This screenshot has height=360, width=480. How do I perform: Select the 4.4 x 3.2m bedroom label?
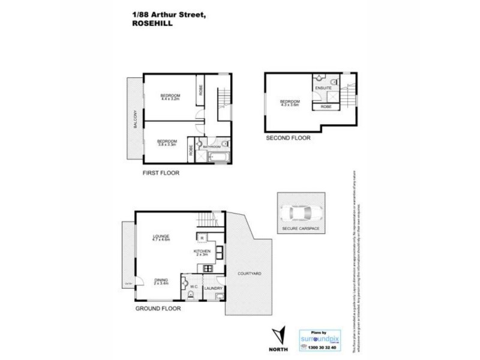(170, 97)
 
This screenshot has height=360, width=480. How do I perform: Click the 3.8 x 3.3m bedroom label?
(167, 143)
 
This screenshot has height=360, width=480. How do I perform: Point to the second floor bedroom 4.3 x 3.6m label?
(290, 103)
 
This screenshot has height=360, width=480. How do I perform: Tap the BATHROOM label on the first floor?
(212, 146)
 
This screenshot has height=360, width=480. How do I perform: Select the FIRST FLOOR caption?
(161, 173)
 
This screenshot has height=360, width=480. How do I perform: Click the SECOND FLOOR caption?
(288, 137)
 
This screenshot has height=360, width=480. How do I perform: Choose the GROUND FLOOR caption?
(157, 308)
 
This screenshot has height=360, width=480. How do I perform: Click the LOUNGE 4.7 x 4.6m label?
(161, 238)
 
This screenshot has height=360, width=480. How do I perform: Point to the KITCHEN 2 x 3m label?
(202, 253)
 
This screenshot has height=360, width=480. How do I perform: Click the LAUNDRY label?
(214, 289)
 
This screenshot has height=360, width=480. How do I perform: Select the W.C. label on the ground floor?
(194, 287)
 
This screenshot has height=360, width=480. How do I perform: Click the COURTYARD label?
(249, 273)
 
